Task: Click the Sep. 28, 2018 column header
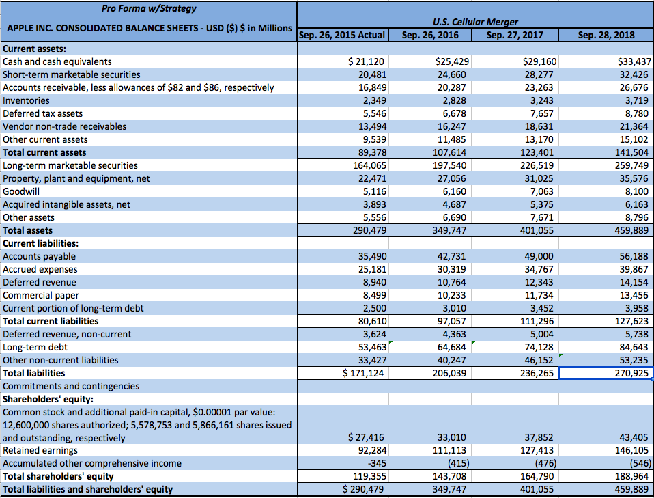point(606,35)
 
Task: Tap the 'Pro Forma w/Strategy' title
point(147,9)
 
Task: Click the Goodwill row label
point(23,191)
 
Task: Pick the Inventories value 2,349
point(374,100)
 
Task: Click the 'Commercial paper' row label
point(41,295)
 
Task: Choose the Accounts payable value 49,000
point(539,256)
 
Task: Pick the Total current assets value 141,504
point(631,152)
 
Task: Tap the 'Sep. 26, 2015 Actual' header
point(343,35)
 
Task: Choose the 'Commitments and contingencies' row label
point(71,386)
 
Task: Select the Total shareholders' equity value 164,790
point(539,476)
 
